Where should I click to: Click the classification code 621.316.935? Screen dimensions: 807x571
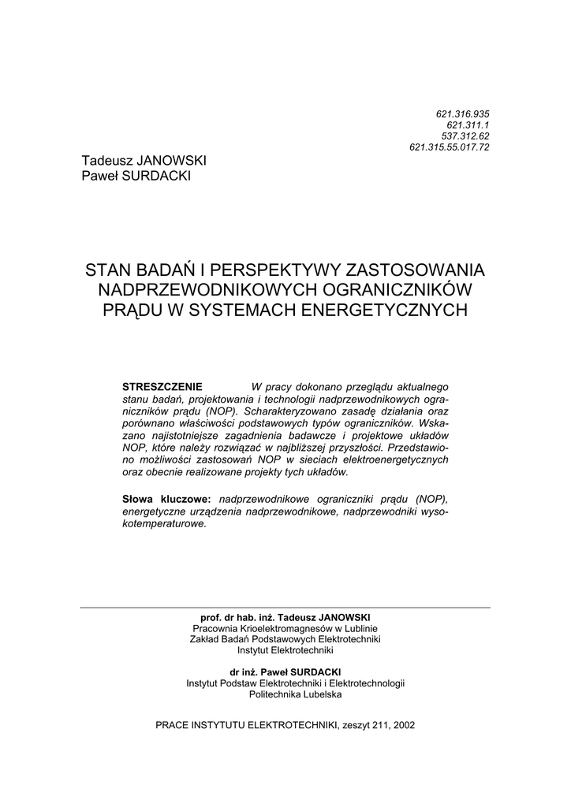463,113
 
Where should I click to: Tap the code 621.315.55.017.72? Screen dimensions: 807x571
450,147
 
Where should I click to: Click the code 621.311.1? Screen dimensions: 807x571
468,125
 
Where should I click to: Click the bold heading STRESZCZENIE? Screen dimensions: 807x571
162,387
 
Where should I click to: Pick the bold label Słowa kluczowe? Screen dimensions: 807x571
166,500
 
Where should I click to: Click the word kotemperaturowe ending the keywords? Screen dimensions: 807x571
163,523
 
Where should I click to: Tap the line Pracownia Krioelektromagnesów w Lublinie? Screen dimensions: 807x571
285,628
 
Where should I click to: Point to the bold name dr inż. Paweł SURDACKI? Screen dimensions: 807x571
285,671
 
